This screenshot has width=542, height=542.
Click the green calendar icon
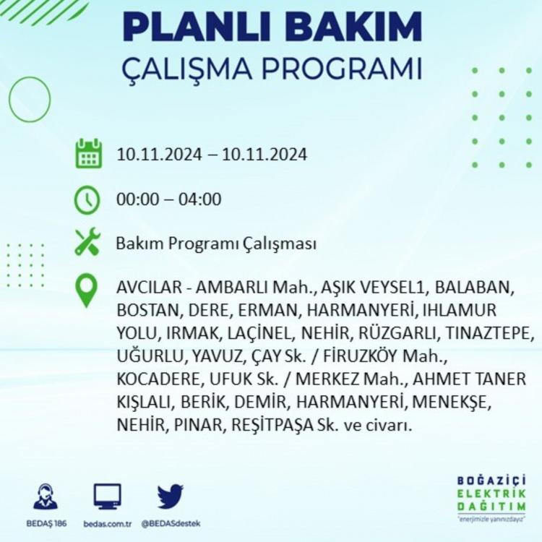(88, 153)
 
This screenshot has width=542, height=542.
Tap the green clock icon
(87, 200)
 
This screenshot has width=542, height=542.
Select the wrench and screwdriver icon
(87, 242)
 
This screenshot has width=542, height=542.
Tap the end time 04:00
(199, 199)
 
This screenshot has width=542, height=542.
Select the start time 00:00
(138, 199)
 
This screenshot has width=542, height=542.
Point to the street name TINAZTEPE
(488, 333)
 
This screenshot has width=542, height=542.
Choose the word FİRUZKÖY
(359, 356)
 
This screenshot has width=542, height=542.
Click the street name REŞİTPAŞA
(272, 425)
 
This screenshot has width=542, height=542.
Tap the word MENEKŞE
(452, 402)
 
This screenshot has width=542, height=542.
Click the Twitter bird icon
(170, 496)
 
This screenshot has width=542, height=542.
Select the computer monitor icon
(108, 496)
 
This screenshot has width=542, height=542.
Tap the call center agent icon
(46, 496)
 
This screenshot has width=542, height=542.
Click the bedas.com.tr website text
(108, 524)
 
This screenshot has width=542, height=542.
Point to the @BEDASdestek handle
(171, 524)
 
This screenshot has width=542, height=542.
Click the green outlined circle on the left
(9, 99)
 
